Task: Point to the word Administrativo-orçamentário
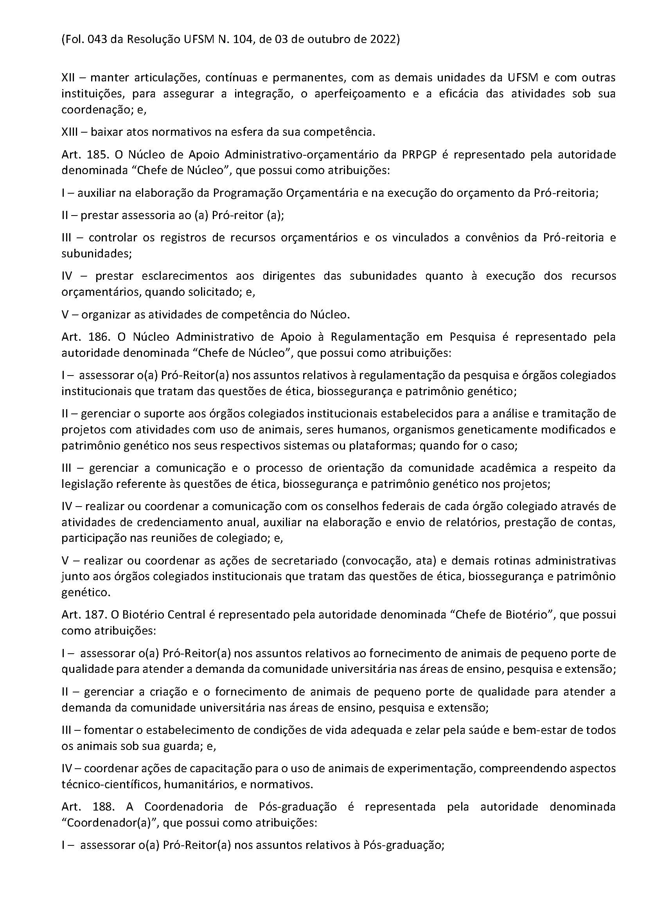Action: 295,155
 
